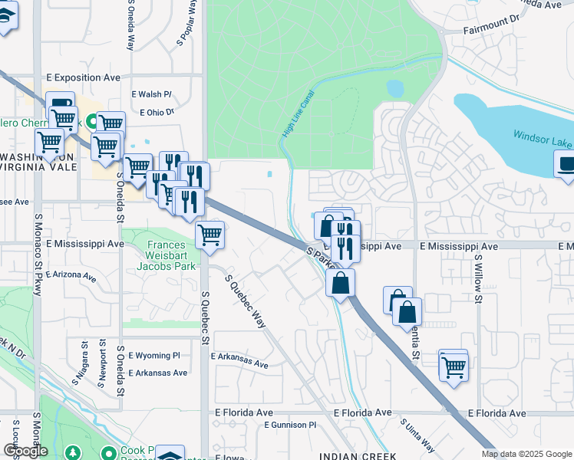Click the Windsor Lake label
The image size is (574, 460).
pos(542,141)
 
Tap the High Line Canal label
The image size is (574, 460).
pos(299,113)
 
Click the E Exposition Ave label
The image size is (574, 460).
pos(84,77)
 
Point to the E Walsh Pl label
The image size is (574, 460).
pos(151,94)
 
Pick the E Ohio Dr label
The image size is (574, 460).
pos(157,112)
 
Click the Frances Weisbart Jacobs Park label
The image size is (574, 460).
pos(161,255)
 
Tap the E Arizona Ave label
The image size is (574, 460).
pos(71,274)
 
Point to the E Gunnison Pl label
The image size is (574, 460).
pos(290,424)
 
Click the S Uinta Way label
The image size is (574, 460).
pos(417,435)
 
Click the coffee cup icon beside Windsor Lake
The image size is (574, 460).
pos(567,164)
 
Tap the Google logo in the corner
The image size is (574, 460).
pos(25,451)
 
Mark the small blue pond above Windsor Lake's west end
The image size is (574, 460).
pos(396,88)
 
